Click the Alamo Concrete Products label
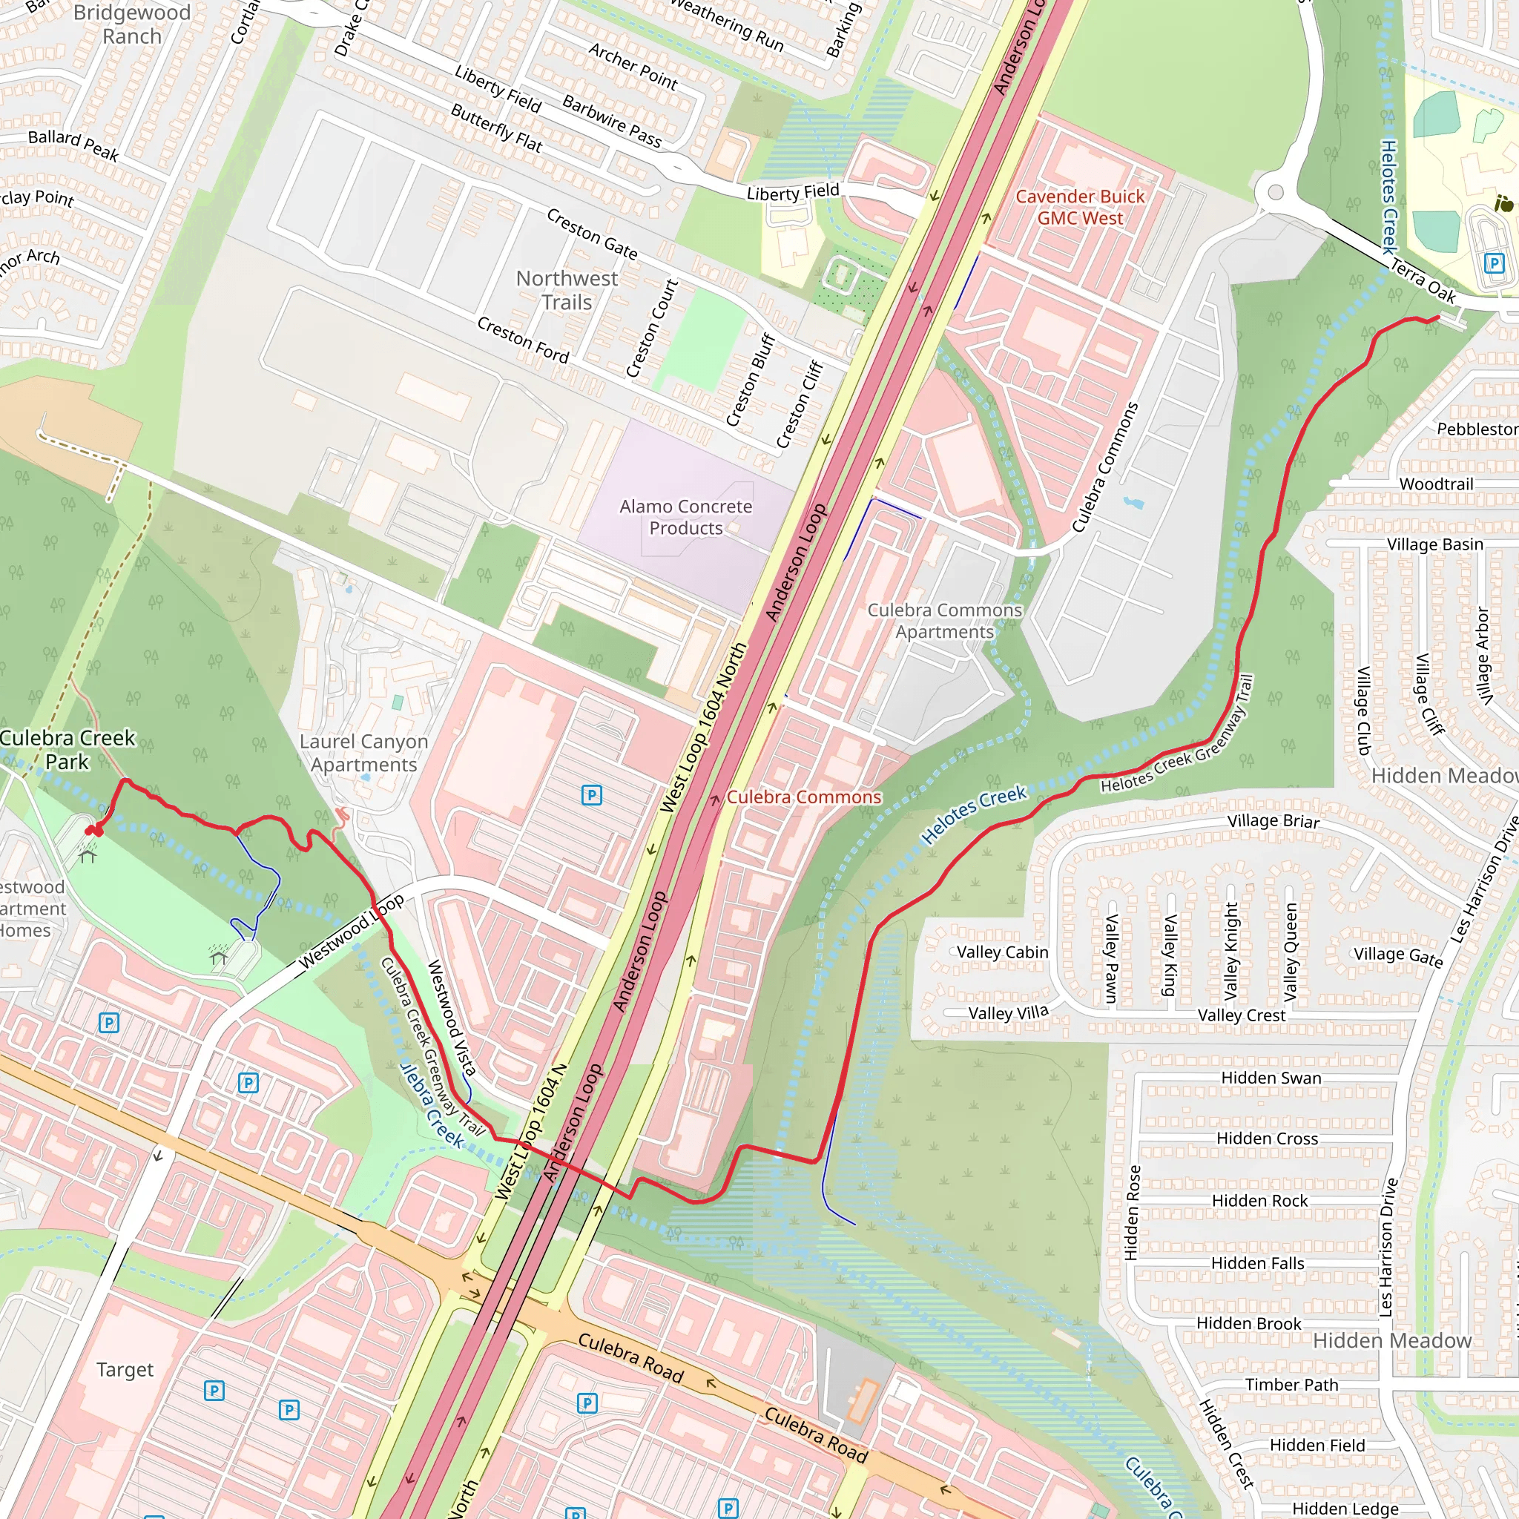pyautogui.click(x=685, y=518)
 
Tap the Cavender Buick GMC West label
pyautogui.click(x=1079, y=208)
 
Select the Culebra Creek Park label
pyautogui.click(x=67, y=749)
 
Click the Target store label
pyautogui.click(x=125, y=1370)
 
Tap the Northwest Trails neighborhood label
pyautogui.click(x=567, y=290)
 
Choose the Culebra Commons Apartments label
pyautogui.click(x=944, y=621)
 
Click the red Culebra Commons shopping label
pyautogui.click(x=803, y=797)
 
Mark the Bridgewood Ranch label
pyautogui.click(x=131, y=24)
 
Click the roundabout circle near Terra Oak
pyautogui.click(x=1275, y=193)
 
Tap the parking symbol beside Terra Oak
pyautogui.click(x=1494, y=263)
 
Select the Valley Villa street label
pyautogui.click(x=1008, y=1012)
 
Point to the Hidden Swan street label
pyautogui.click(x=1271, y=1078)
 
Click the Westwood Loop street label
pyautogui.click(x=351, y=931)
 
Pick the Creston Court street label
pyautogui.click(x=652, y=329)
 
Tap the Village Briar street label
pyautogui.click(x=1273, y=821)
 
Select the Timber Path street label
pyautogui.click(x=1291, y=1385)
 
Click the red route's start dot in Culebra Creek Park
pyautogui.click(x=94, y=830)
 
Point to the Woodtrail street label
pyautogui.click(x=1436, y=484)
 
